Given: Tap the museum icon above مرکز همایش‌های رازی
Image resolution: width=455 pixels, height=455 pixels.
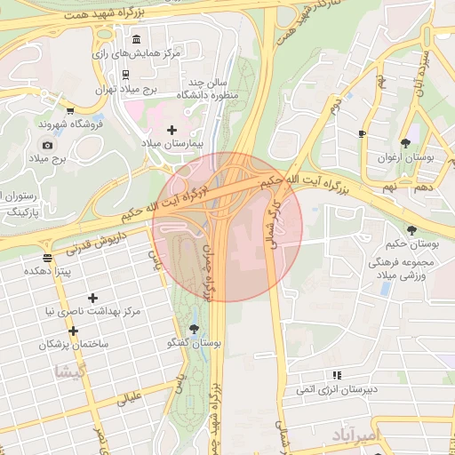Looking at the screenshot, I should click(135, 40).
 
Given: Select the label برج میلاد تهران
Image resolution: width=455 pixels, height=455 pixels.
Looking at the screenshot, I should click(125, 89).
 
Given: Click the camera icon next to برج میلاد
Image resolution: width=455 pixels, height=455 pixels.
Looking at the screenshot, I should click(47, 145).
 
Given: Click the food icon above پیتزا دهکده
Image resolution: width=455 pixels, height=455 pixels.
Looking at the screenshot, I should click(47, 258).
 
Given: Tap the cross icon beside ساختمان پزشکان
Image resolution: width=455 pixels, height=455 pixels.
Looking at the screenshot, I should click(73, 331).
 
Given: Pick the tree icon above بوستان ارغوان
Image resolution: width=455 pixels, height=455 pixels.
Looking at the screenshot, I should click(405, 143).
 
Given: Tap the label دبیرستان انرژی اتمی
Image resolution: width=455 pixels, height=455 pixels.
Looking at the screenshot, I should click(337, 389).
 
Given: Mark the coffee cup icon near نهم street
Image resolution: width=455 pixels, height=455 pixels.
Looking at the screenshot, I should click(362, 134).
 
